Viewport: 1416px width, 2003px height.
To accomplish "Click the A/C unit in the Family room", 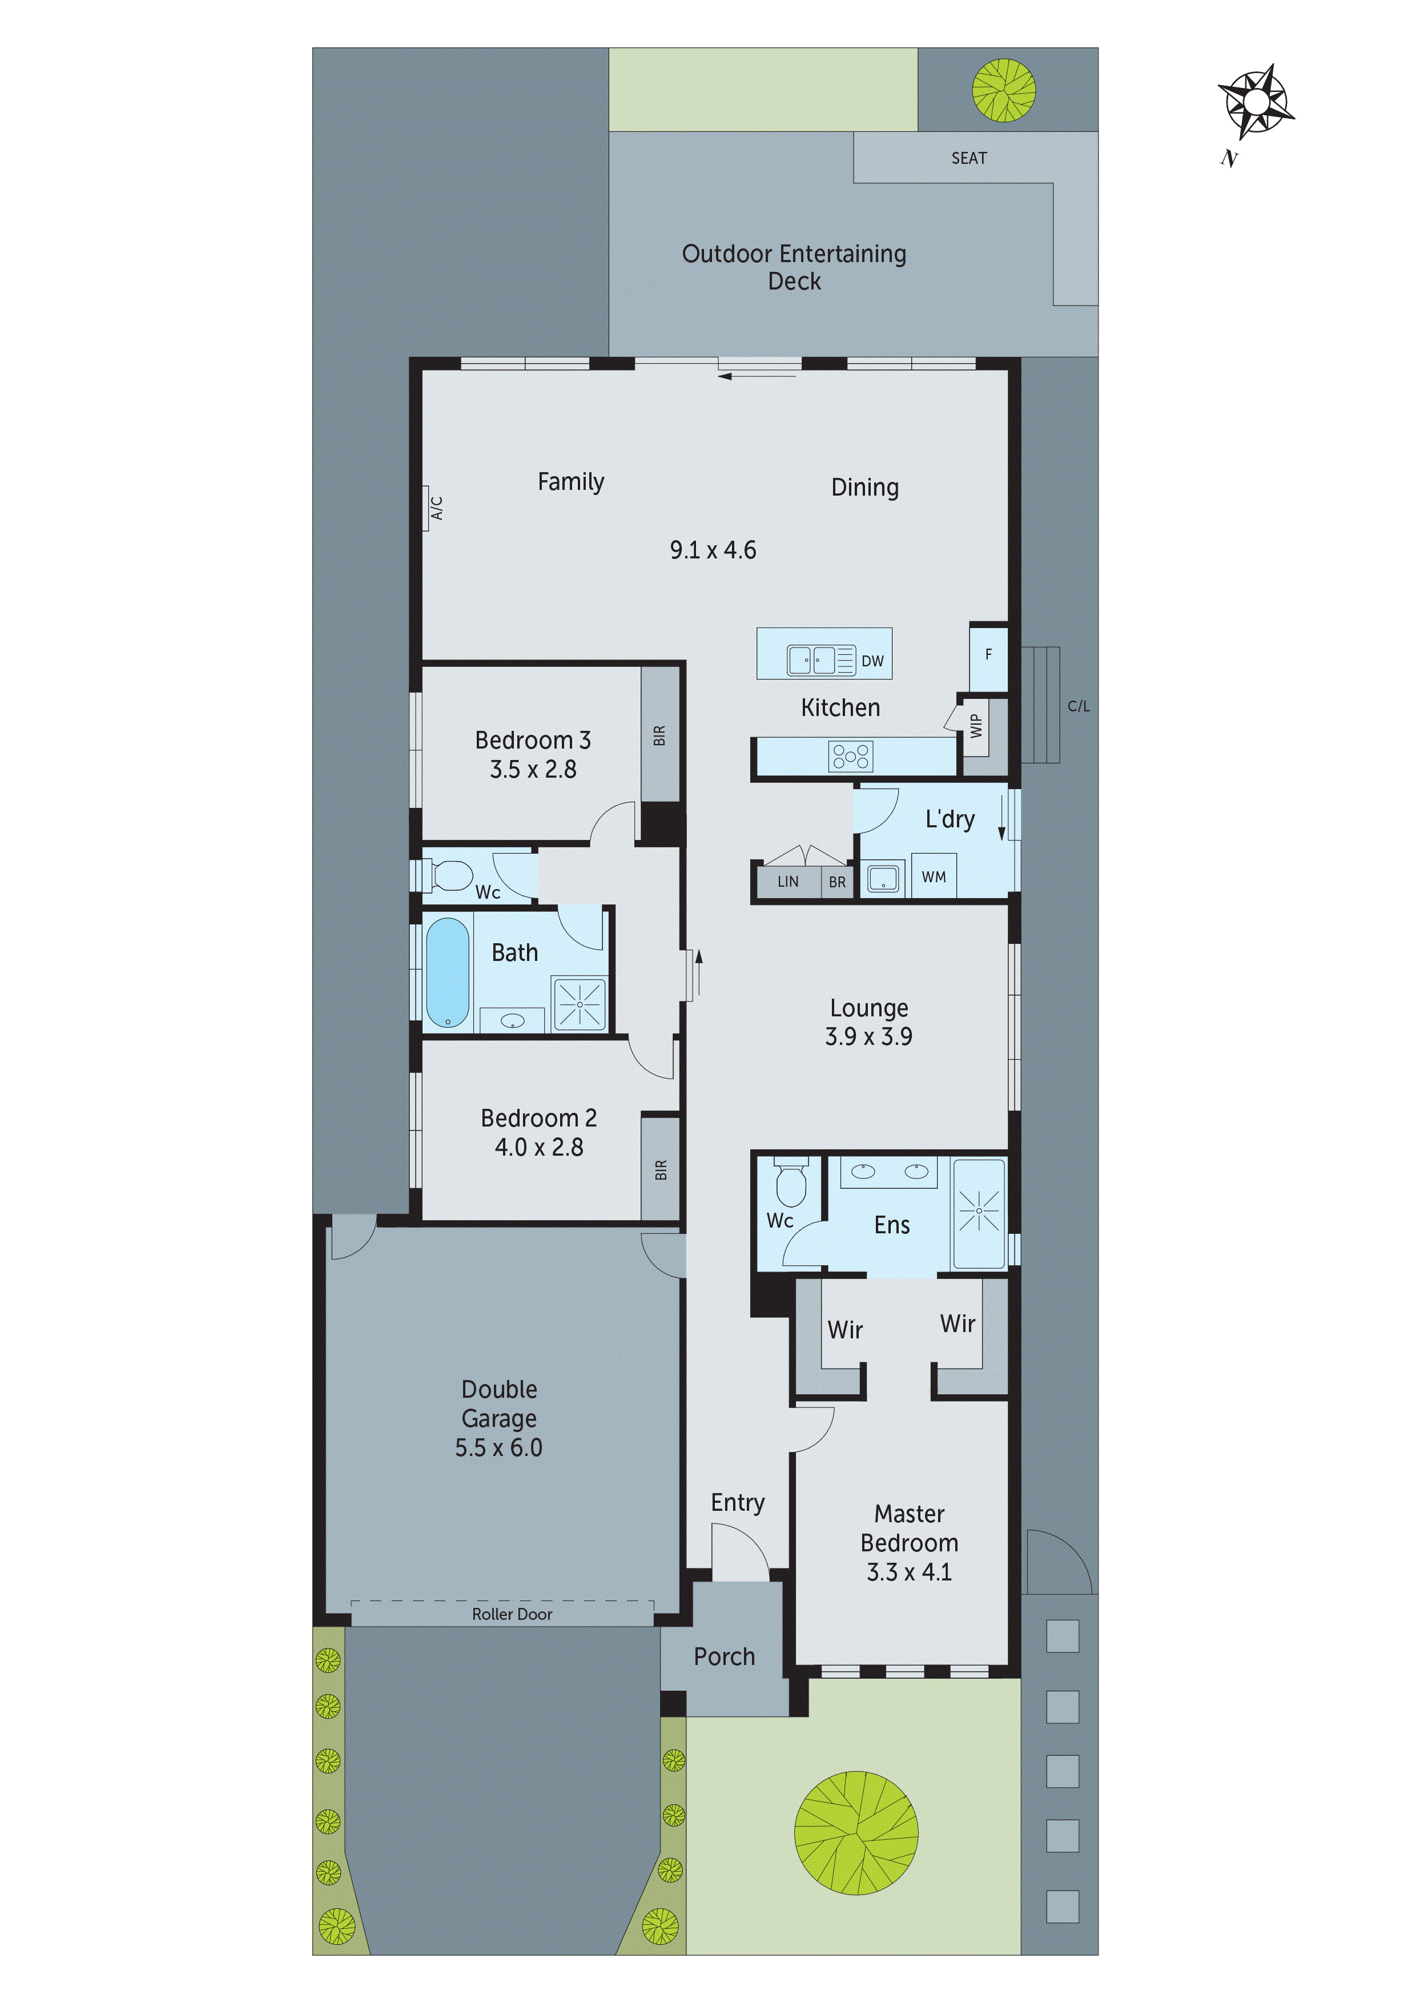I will [435, 508].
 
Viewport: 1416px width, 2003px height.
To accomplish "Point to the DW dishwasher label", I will [872, 661].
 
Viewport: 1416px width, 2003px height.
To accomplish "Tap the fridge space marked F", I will [988, 655].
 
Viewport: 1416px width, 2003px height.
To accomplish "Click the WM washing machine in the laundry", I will [934, 877].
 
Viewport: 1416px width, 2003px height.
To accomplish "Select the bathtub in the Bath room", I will [448, 972].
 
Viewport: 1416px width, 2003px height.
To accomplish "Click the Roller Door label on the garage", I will [512, 1615].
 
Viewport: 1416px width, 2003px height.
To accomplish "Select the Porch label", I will [724, 1656].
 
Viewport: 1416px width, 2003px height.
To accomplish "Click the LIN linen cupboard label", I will [788, 881].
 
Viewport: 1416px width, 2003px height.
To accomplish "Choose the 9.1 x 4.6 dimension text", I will [713, 550].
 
